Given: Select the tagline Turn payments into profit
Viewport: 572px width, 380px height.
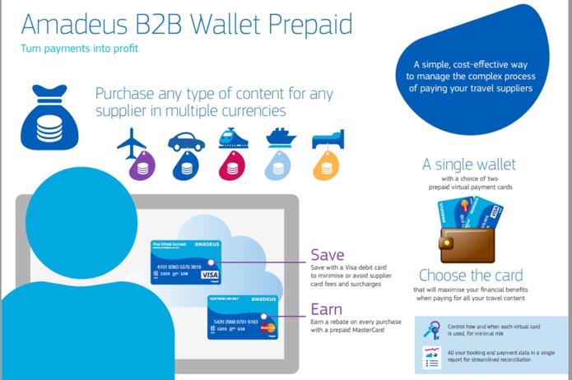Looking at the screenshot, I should (80, 48).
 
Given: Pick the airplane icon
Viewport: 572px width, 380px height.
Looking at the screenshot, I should (131, 144).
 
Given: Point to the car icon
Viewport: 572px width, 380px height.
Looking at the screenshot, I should (186, 142).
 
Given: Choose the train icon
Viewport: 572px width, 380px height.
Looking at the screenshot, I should (233, 137).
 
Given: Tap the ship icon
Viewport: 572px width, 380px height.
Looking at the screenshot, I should (280, 138).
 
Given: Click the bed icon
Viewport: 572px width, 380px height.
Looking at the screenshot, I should (328, 139).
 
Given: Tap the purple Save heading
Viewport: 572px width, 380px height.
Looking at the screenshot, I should (327, 255).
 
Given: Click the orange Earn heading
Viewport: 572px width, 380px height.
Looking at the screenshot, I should (326, 309).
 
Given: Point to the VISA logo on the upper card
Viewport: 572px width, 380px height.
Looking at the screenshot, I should (210, 274).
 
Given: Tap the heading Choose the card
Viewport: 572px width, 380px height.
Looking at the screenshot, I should (469, 276).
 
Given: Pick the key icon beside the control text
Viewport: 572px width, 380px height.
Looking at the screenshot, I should (431, 331).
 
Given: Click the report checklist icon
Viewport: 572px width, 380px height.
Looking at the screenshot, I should (431, 357).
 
